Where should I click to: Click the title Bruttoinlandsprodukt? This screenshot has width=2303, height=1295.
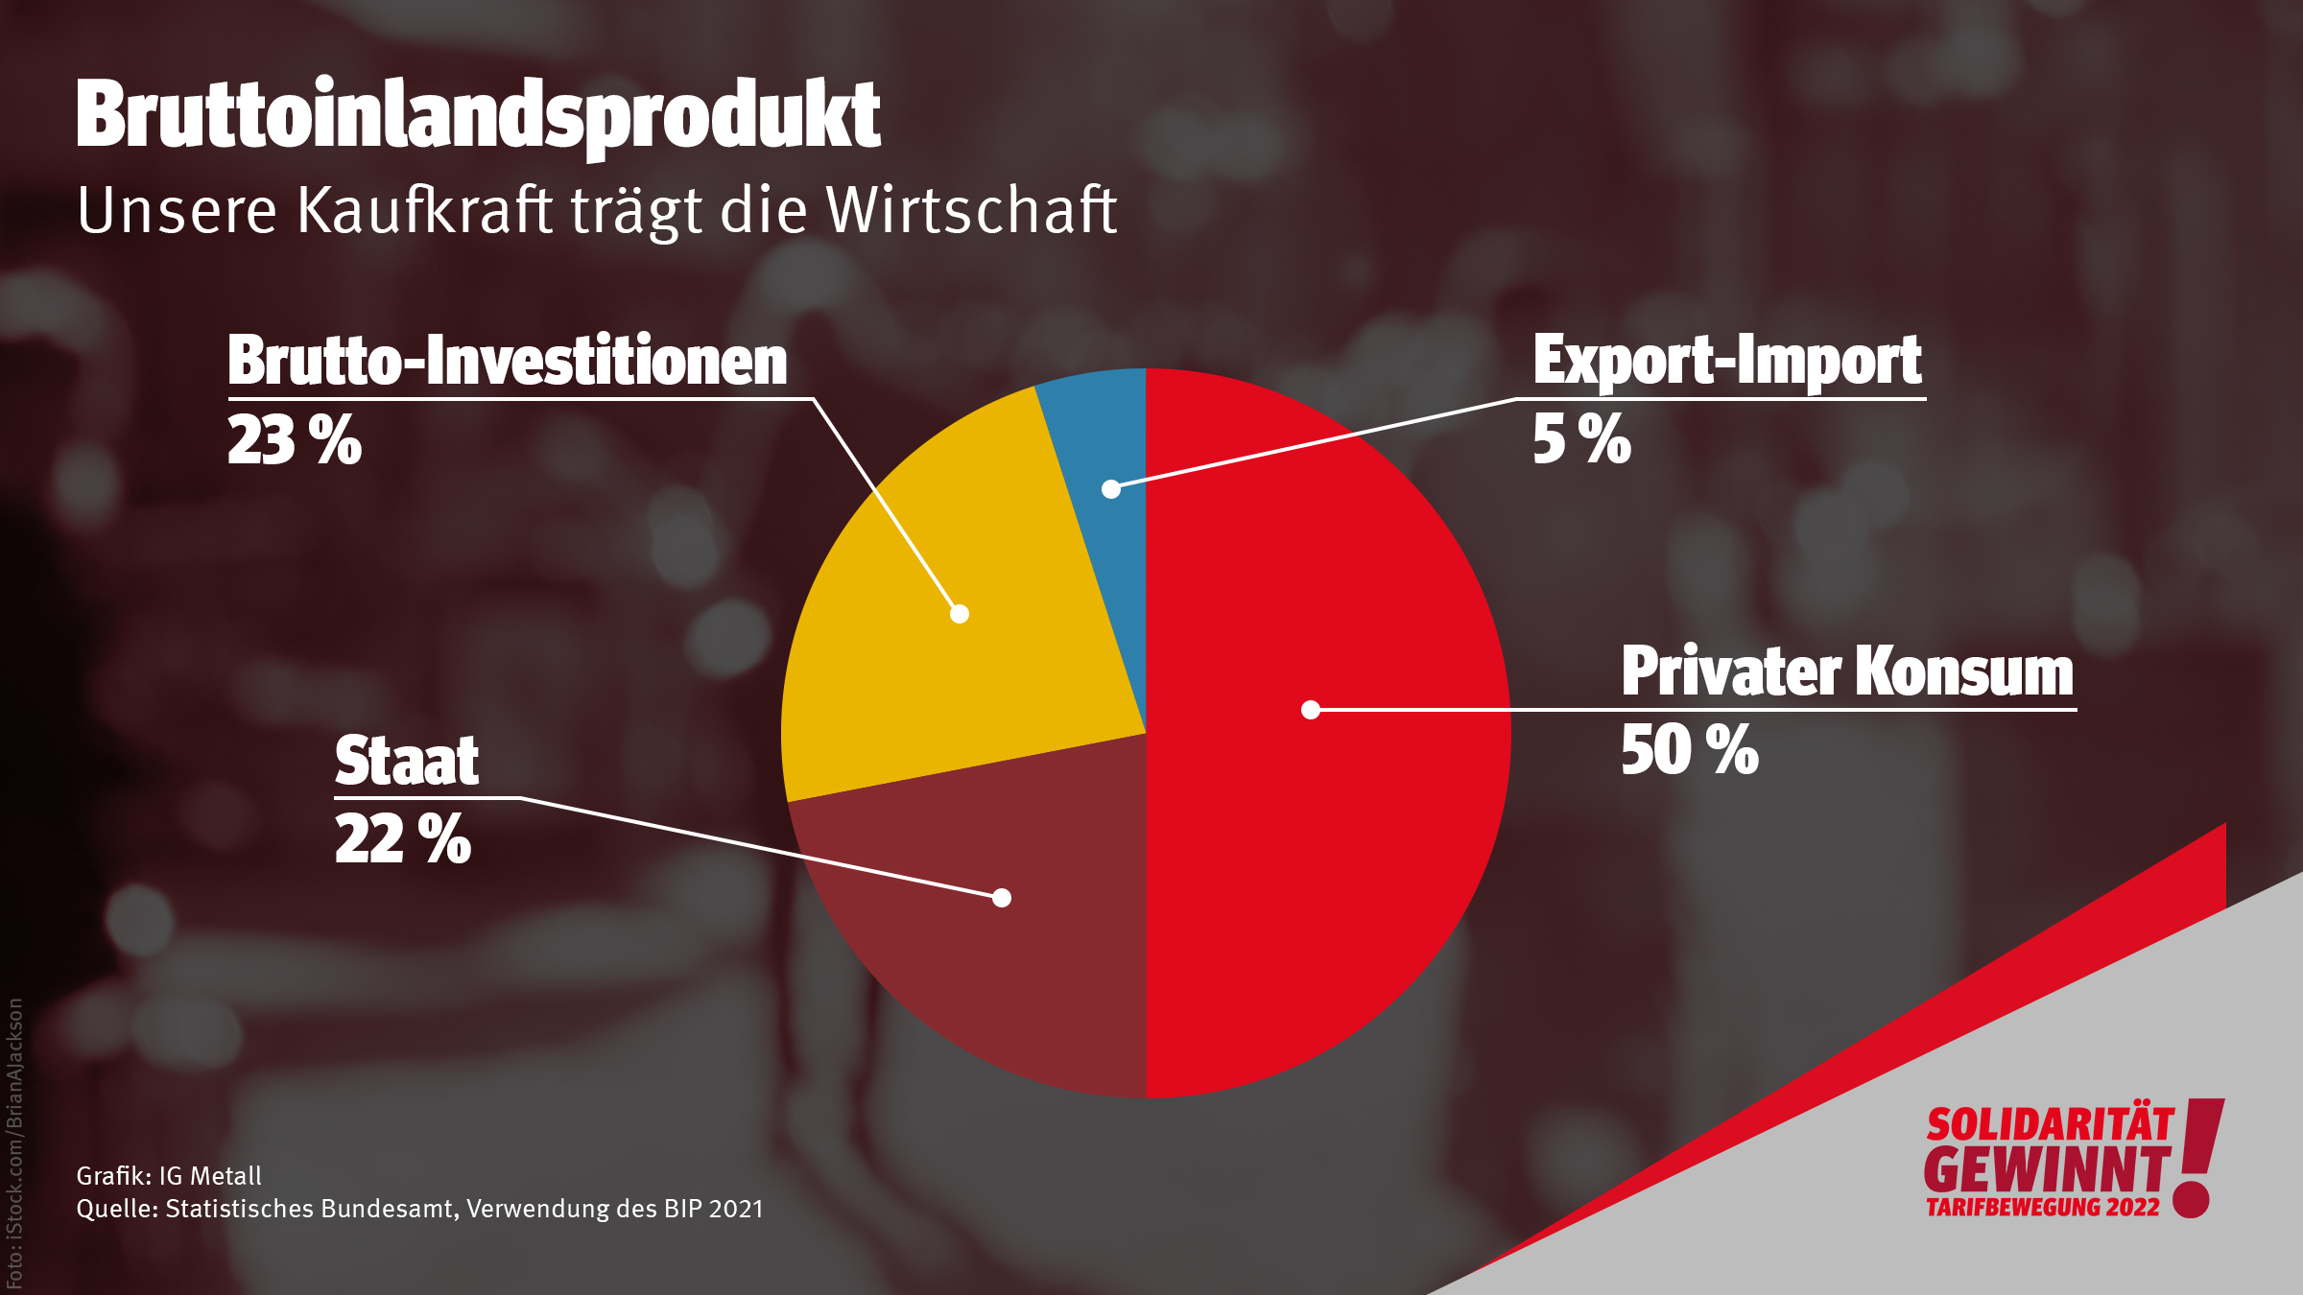478,115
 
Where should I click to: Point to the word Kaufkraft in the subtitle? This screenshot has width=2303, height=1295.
424,210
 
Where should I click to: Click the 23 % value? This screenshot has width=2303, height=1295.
294,441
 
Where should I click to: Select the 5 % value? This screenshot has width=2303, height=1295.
1581,439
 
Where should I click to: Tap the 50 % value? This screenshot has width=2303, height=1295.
1689,750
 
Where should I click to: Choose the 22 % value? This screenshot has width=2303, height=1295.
402,839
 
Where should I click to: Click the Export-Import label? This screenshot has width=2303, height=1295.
1727,361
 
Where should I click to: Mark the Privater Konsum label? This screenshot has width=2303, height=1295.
1847,671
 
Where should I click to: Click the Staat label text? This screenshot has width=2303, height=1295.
406,761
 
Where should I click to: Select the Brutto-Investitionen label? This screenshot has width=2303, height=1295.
507,362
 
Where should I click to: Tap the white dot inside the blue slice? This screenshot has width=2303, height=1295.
1111,489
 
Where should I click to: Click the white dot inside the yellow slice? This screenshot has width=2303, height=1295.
960,614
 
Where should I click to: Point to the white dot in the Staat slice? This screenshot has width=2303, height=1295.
1002,898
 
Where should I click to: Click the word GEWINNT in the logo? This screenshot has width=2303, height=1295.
2046,1169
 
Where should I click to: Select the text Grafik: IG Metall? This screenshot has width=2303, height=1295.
169,1176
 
